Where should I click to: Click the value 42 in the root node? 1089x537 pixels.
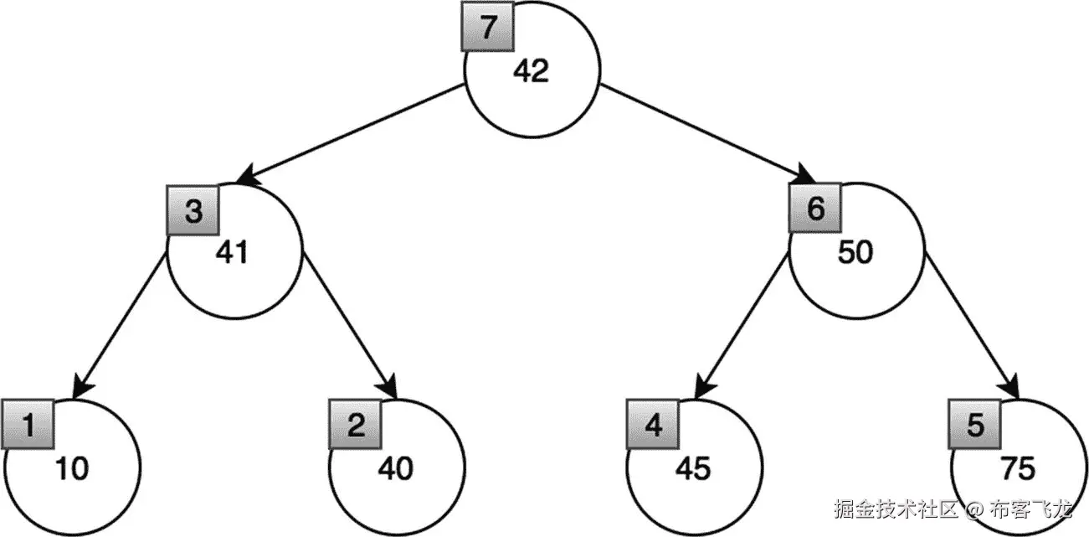(x=531, y=71)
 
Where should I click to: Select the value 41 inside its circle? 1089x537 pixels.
(x=232, y=252)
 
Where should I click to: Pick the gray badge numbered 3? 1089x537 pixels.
(x=193, y=209)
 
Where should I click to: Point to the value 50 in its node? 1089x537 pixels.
(x=855, y=252)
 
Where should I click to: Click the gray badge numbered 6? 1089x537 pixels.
(x=815, y=209)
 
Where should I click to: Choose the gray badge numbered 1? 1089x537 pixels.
(x=28, y=426)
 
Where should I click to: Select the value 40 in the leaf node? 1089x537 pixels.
(x=395, y=469)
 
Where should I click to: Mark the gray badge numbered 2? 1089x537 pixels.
(x=356, y=426)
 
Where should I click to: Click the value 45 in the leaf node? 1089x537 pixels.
(x=693, y=469)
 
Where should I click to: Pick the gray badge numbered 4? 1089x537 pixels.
(x=654, y=426)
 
